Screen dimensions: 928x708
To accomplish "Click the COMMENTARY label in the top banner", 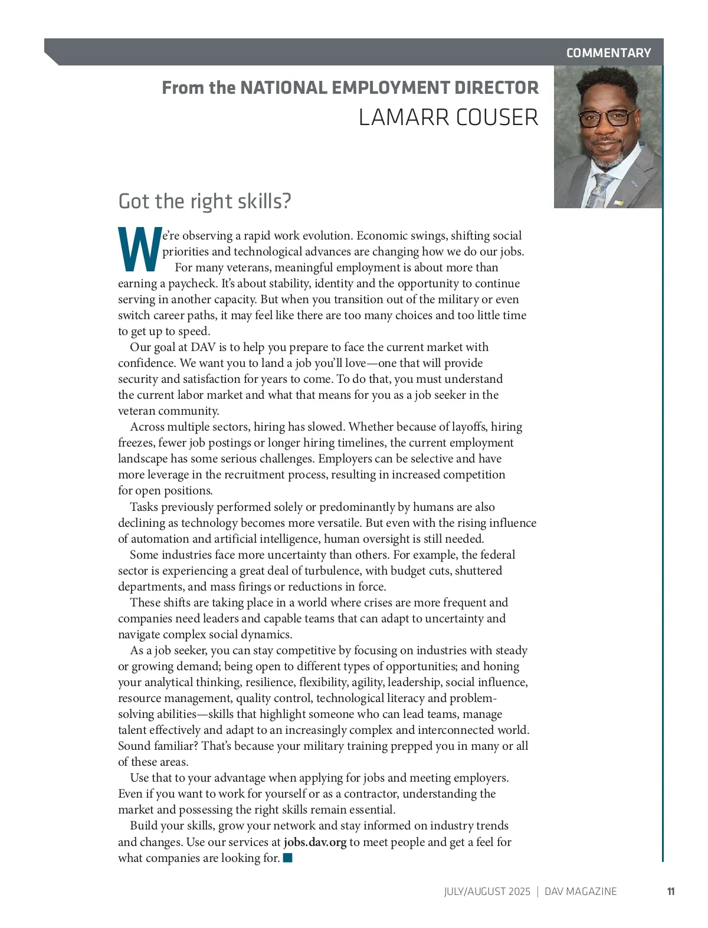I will coord(608,53).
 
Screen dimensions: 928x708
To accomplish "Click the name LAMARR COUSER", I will coord(448,117).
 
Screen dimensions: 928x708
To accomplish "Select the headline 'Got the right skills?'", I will coord(205,201).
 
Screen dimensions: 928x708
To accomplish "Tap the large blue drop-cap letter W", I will coord(139,248).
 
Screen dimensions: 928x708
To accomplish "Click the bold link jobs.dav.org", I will coord(315,842).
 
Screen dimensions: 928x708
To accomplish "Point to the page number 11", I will coord(671,891).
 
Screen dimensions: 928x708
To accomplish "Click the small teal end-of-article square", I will coord(288,858).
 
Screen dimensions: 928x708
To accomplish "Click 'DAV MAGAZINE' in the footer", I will coord(581,891).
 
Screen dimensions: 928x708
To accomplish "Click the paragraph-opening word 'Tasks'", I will coord(144,507).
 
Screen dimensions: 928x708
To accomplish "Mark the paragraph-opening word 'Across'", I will coord(147,427).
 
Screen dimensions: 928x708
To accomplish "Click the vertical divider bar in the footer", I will coord(537,891).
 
